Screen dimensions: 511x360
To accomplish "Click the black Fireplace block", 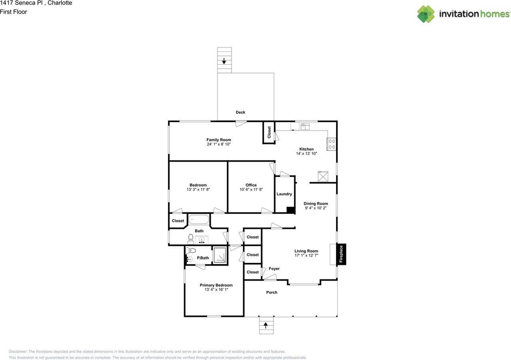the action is (x=341, y=254).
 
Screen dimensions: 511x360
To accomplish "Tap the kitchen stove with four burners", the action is (x=332, y=144).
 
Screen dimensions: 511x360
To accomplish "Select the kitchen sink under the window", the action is (x=305, y=127).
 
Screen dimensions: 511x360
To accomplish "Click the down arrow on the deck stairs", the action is (x=224, y=61).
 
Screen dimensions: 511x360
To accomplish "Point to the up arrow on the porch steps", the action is (x=265, y=325).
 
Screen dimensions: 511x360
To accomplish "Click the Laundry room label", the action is (x=284, y=194).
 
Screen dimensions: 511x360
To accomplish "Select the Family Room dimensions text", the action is (x=219, y=144).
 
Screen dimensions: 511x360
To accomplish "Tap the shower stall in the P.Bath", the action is (x=220, y=255).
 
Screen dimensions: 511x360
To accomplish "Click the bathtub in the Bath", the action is (x=199, y=220).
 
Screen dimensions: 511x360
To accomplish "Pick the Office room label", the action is (x=251, y=185).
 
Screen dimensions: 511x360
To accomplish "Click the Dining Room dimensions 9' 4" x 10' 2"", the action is (x=316, y=208).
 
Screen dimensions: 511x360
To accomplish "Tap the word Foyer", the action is (x=274, y=269).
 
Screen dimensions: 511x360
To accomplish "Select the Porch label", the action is (x=272, y=292).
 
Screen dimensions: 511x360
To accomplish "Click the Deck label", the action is (x=240, y=112).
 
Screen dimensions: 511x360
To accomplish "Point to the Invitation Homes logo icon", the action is (x=426, y=14).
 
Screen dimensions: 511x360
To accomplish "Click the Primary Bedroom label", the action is (x=216, y=285).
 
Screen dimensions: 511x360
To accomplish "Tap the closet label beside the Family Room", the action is (x=269, y=133).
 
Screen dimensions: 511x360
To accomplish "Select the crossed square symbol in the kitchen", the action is (x=323, y=176).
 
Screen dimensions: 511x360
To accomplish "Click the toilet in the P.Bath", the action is (x=191, y=251).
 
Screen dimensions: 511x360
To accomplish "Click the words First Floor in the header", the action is (x=14, y=12).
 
